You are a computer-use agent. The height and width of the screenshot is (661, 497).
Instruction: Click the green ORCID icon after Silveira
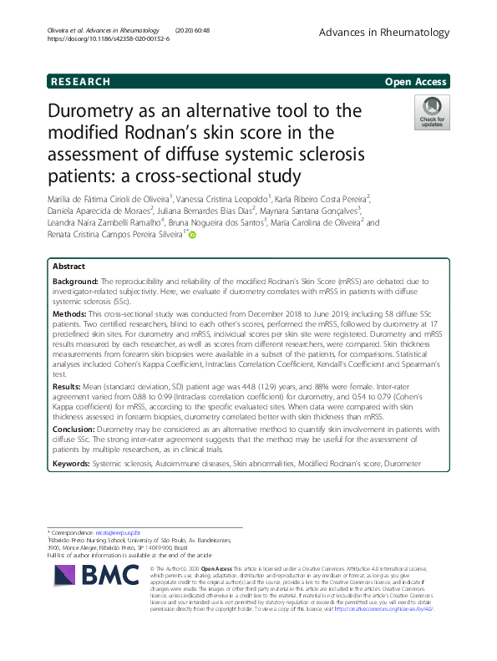(191, 236)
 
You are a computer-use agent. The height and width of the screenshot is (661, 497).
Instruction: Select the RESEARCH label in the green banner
(80, 82)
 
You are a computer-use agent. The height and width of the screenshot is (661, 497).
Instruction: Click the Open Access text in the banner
(416, 82)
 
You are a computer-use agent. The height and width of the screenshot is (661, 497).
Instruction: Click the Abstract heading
(68, 266)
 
